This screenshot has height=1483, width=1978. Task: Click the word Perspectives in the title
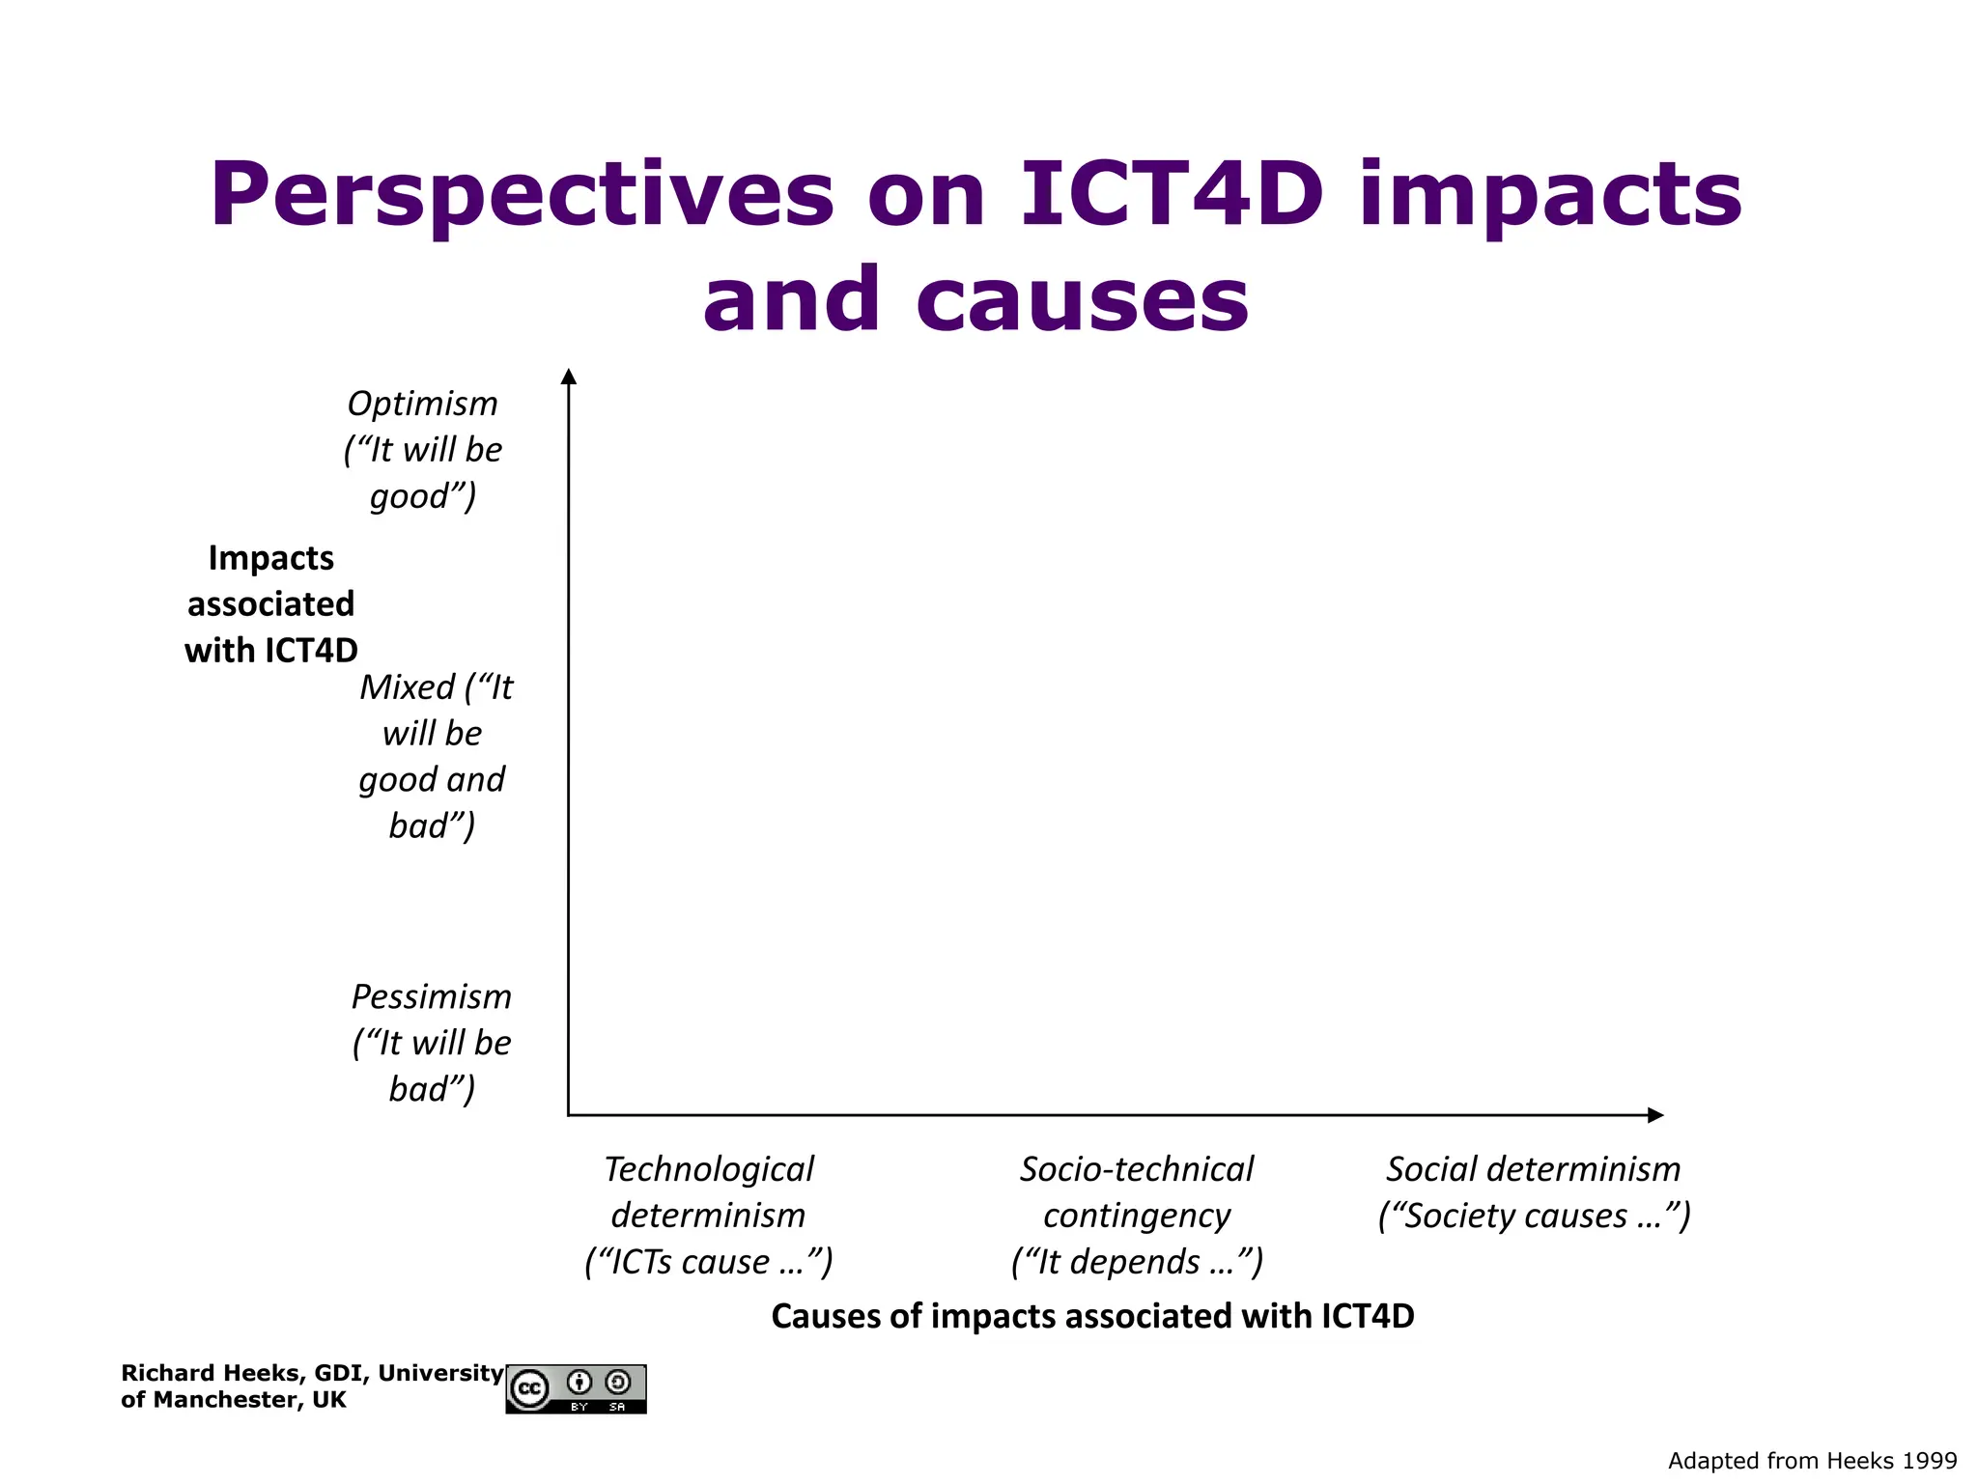(522, 196)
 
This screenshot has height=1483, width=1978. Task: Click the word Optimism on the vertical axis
(422, 404)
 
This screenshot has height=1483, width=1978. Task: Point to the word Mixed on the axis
(407, 687)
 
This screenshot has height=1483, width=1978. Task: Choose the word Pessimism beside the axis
(431, 996)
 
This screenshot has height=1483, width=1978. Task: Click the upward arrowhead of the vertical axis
(569, 377)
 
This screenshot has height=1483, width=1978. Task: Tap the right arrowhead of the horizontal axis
(1654, 1115)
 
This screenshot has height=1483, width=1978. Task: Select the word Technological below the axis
(709, 1169)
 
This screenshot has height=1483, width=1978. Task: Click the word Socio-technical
(1137, 1169)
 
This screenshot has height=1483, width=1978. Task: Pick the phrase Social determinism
(1534, 1169)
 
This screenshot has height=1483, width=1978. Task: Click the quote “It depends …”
(1137, 1262)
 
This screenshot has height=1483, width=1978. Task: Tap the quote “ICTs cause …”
(709, 1262)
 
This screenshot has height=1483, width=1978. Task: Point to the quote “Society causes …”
(1534, 1216)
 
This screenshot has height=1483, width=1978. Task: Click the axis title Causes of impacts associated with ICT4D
(1092, 1317)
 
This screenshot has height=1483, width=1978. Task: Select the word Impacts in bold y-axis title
(271, 558)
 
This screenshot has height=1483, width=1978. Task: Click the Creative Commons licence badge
(576, 1389)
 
